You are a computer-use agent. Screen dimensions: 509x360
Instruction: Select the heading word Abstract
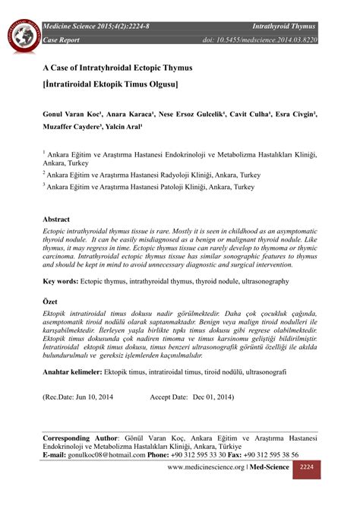coord(57,217)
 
